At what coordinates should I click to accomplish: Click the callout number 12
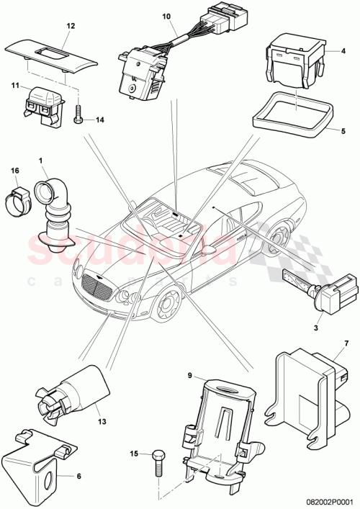pyautogui.click(x=71, y=25)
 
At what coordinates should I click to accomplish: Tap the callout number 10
pyautogui.click(x=166, y=16)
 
